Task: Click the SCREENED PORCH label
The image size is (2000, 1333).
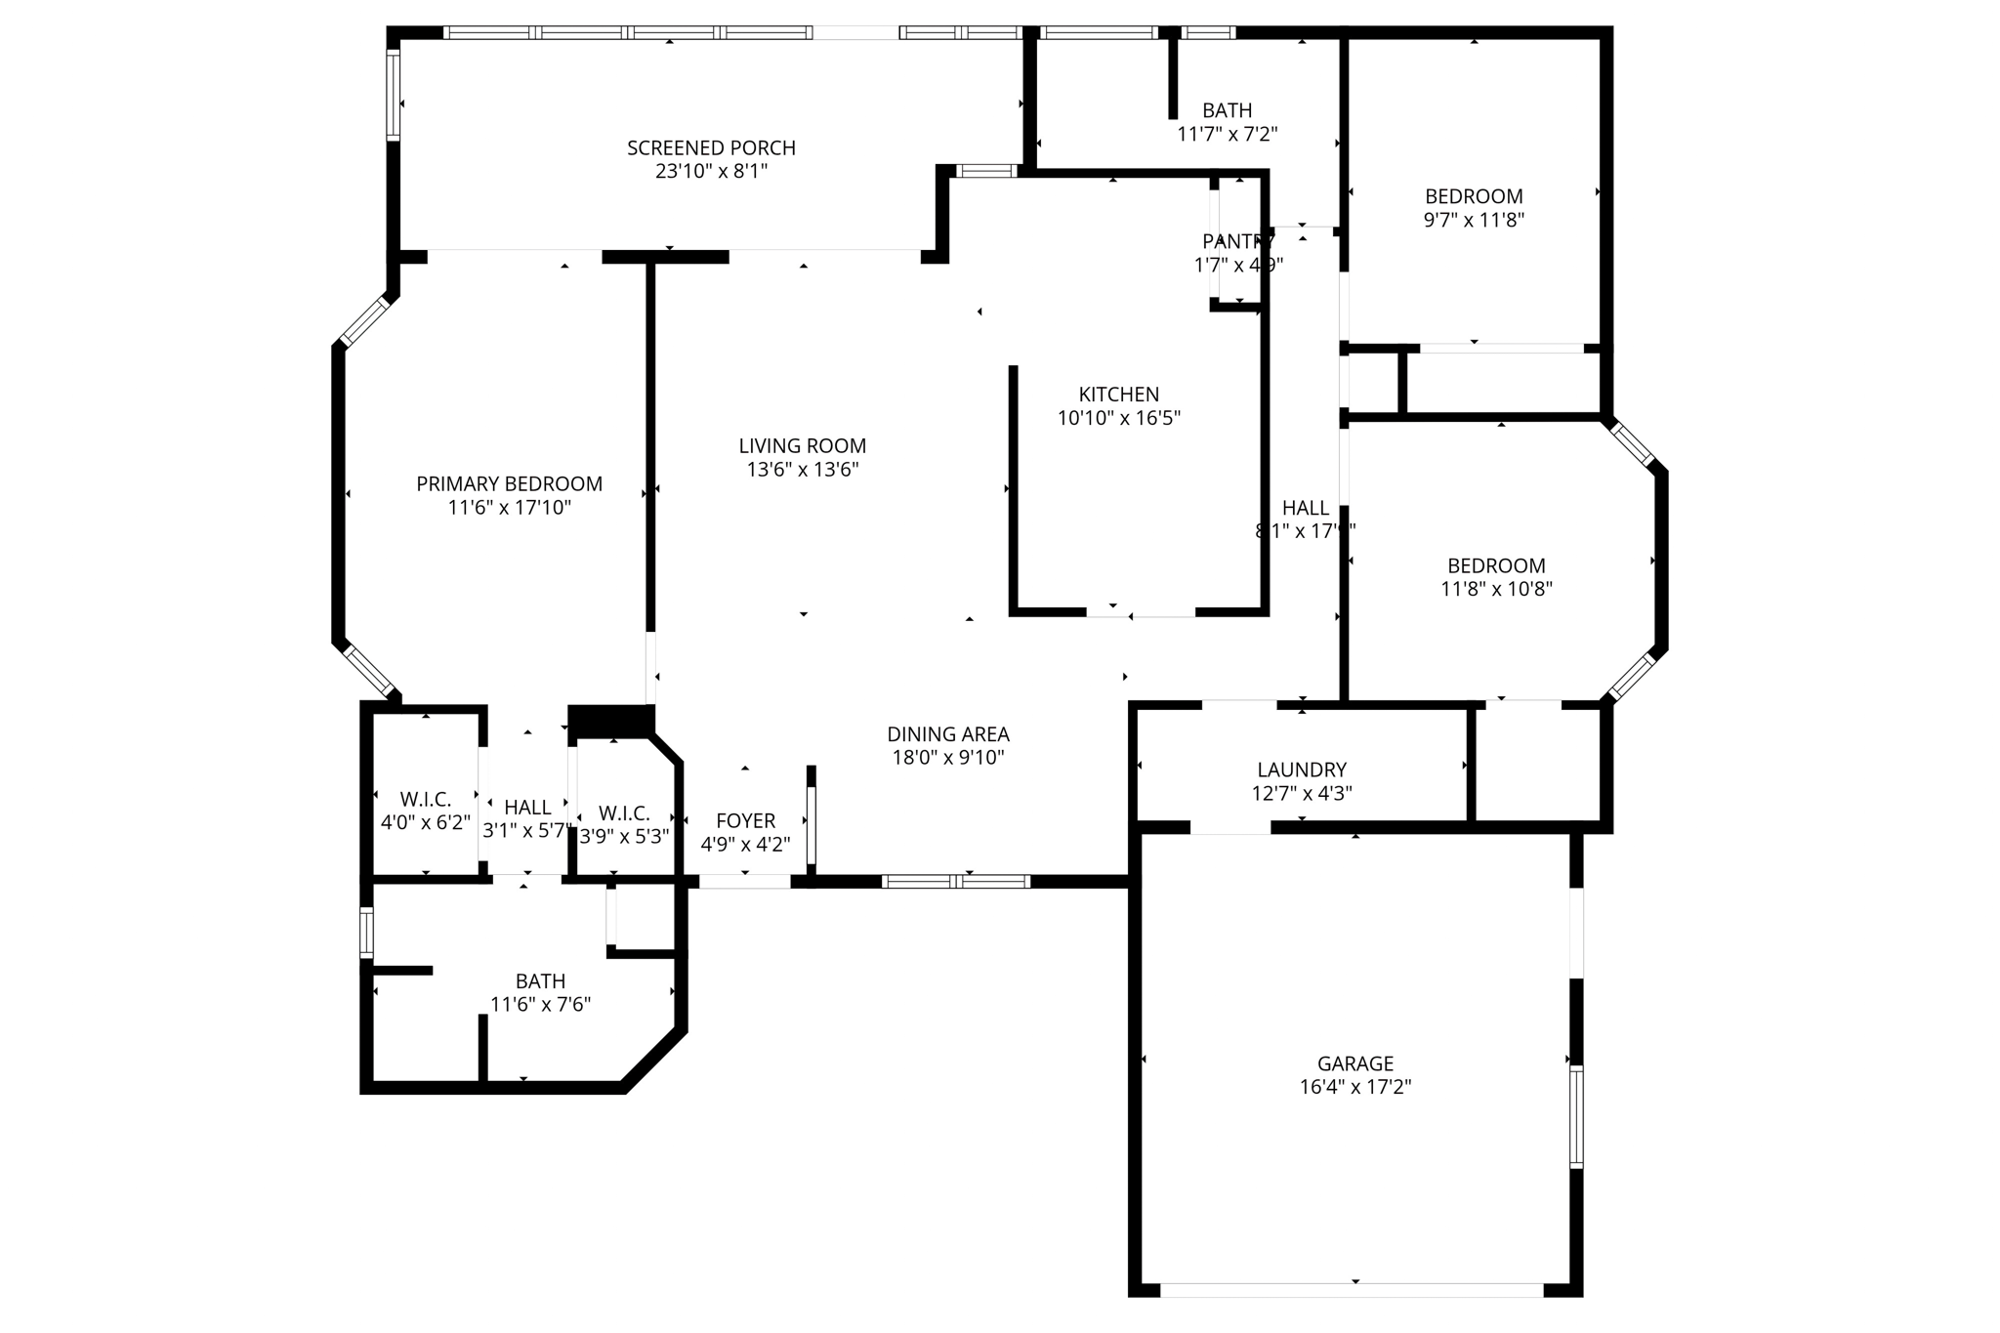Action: (711, 148)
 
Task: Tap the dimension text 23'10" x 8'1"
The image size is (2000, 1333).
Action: (711, 172)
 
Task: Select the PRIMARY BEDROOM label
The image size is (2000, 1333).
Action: (509, 484)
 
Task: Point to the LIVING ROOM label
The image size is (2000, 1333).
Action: (802, 446)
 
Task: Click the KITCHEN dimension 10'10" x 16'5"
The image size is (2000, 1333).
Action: (1118, 419)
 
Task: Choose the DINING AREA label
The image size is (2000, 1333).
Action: (947, 734)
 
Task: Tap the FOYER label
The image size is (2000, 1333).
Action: (745, 821)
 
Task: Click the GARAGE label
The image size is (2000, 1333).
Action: (1354, 1063)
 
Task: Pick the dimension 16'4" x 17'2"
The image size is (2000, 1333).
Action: (1354, 1087)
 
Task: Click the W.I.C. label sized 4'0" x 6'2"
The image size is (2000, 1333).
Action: (425, 800)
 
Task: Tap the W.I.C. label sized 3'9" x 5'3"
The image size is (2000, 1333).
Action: (623, 813)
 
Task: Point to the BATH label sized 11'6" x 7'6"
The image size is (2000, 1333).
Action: (540, 981)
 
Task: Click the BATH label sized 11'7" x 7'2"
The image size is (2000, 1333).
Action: (1227, 111)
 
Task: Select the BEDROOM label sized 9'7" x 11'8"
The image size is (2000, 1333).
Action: (1473, 196)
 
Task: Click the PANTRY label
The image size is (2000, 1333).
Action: (1237, 241)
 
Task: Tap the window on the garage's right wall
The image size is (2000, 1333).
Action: (1575, 1116)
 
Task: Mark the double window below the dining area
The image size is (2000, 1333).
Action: (955, 882)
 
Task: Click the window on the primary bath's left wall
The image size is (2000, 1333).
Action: (367, 932)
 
